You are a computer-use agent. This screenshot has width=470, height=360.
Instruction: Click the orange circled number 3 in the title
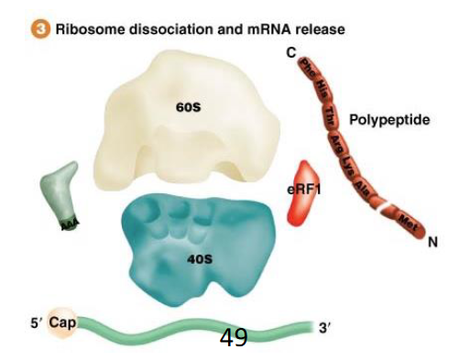(x=41, y=29)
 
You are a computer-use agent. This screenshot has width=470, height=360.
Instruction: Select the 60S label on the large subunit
(x=188, y=107)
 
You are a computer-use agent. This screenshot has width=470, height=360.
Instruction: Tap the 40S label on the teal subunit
(x=200, y=259)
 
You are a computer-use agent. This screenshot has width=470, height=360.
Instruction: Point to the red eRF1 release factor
(x=302, y=194)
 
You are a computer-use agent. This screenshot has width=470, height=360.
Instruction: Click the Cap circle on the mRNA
(x=62, y=322)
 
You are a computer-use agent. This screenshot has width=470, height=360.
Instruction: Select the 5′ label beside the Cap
(x=35, y=322)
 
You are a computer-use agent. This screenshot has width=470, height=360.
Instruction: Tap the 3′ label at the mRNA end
(x=324, y=328)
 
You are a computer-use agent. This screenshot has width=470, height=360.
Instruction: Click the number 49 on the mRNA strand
(x=234, y=338)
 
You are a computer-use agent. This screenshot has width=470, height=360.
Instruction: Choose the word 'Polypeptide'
(x=389, y=120)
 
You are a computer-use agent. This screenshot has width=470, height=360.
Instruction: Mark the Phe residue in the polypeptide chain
(x=308, y=68)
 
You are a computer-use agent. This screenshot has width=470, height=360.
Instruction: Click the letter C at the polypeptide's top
(x=290, y=53)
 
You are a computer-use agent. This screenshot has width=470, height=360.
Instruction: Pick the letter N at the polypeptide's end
(x=432, y=243)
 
